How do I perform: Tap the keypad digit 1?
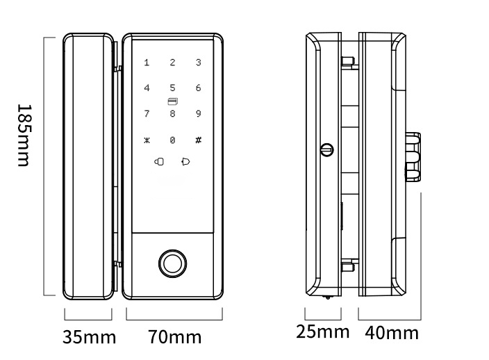click(147, 63)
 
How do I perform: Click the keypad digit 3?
click(199, 63)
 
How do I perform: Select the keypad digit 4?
click(147, 88)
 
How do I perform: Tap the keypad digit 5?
click(172, 88)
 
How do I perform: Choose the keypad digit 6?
click(199, 88)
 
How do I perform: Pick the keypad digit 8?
click(172, 113)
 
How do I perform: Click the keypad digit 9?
click(199, 113)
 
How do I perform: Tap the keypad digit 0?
click(172, 140)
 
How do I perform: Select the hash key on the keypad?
click(199, 140)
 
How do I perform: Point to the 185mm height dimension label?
click(23, 136)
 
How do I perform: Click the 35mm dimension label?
click(89, 338)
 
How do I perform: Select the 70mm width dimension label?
click(174, 338)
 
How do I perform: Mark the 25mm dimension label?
click(322, 332)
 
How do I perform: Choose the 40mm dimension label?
click(392, 333)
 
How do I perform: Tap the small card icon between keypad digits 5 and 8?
click(172, 101)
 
